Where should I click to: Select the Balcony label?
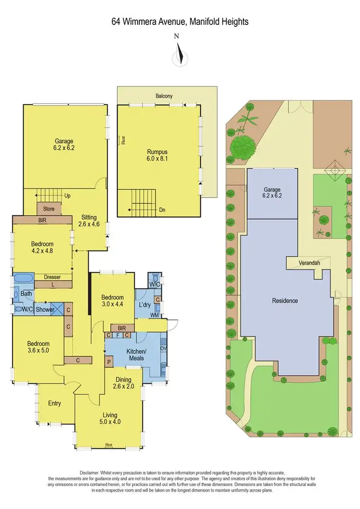[x=164, y=96]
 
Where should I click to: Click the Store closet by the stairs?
[x=49, y=209]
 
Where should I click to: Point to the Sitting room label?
[x=89, y=217]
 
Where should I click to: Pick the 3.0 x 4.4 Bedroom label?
[x=112, y=298]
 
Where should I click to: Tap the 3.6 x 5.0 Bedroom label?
[x=38, y=344]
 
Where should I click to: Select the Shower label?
[x=45, y=310]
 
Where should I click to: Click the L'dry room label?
[x=145, y=306]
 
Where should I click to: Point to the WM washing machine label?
[x=154, y=315]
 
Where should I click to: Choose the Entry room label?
[x=54, y=403]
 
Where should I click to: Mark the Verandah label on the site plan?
[x=309, y=263]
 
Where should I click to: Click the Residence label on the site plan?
[x=285, y=301]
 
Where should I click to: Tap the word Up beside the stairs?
[x=67, y=196]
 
